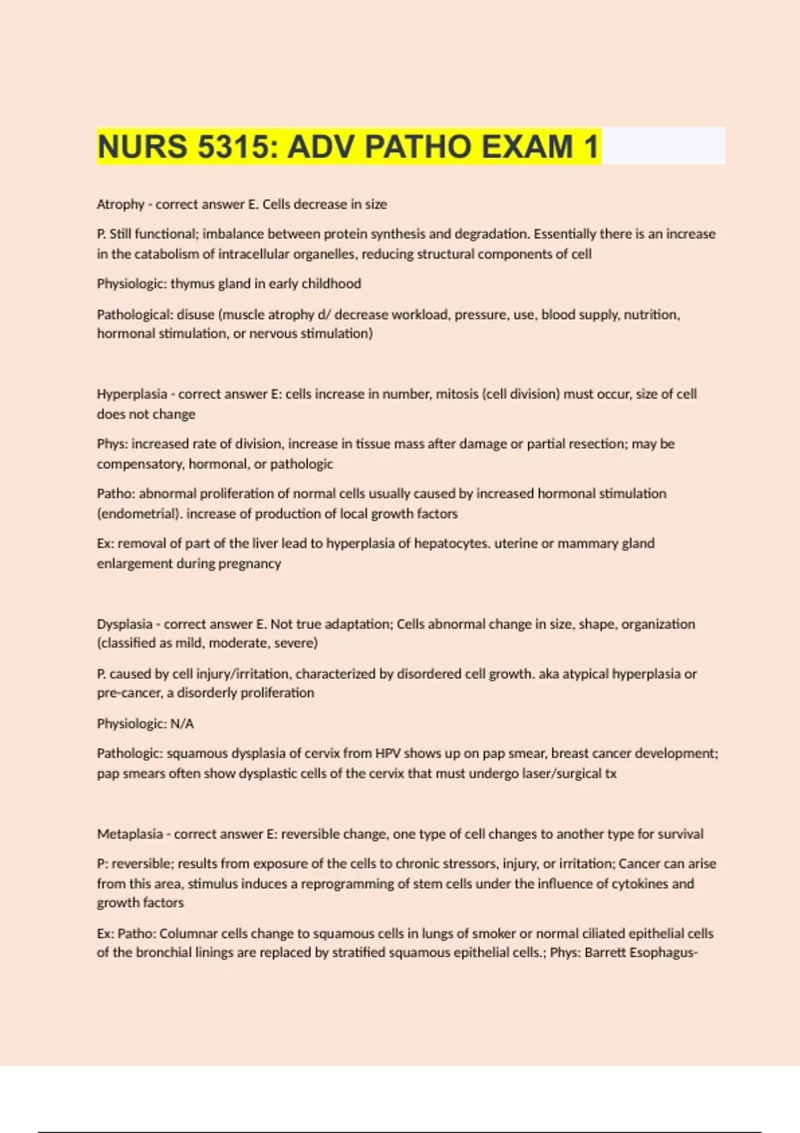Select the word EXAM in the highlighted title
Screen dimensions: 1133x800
[527, 147]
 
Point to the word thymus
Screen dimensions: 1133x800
[193, 284]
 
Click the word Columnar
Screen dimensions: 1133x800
[189, 934]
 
